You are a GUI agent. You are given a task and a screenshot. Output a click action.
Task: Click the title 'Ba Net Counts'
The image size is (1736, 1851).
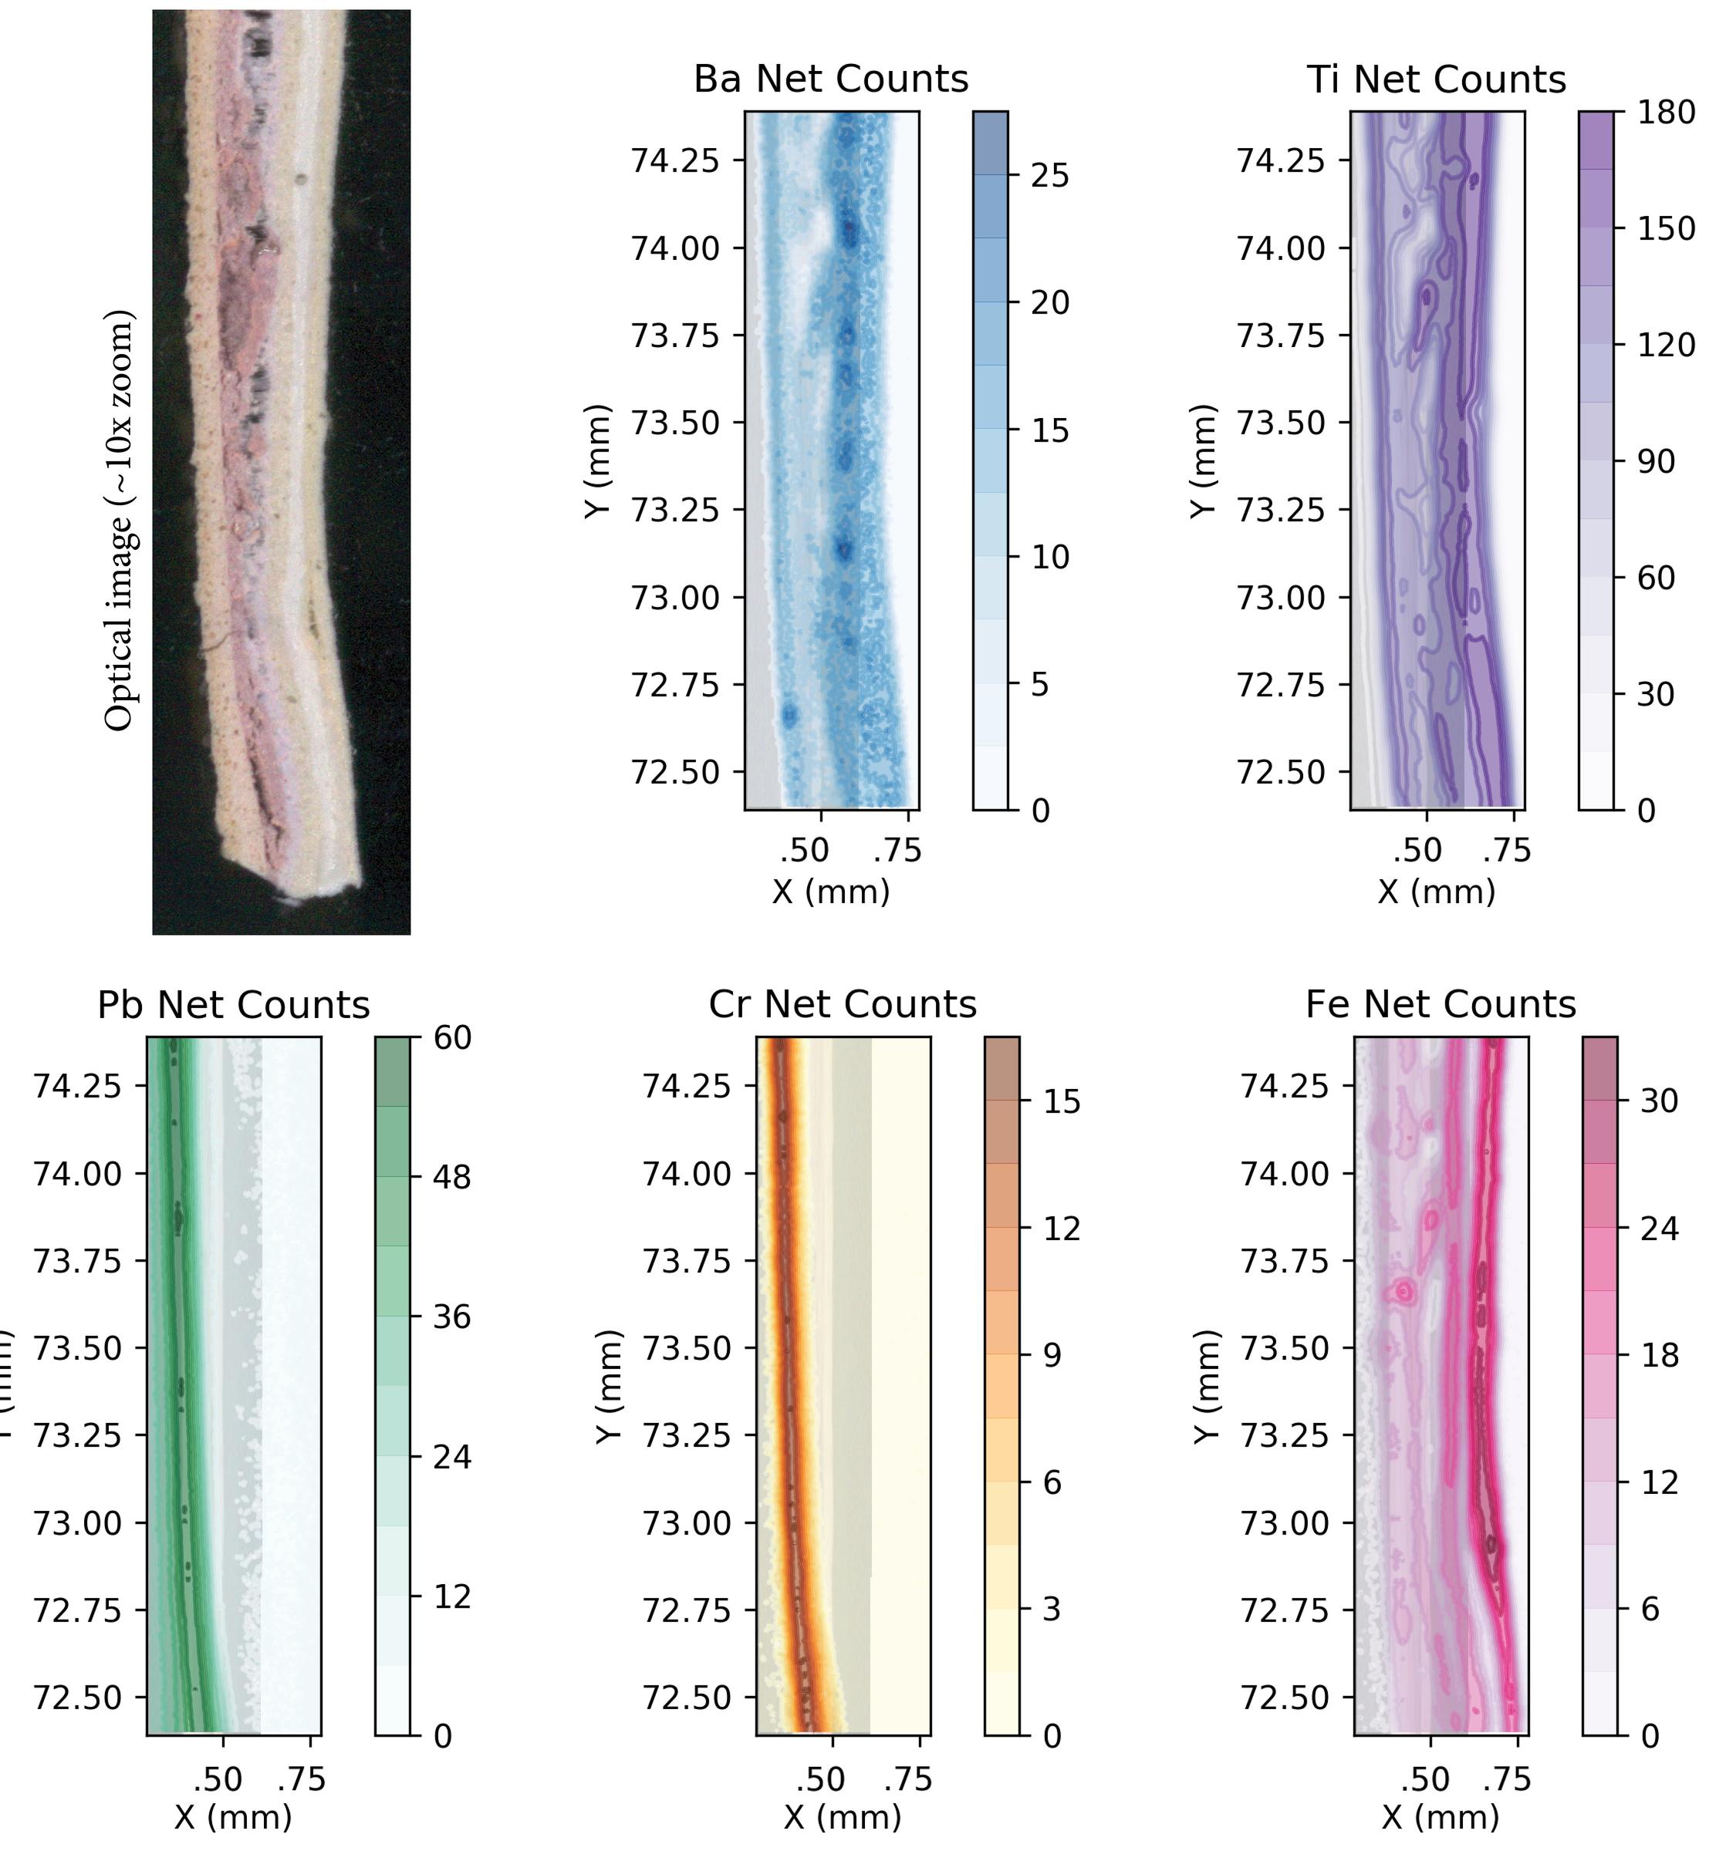click(x=831, y=79)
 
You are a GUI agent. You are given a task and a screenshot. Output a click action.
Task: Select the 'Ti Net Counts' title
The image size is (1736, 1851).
click(x=1436, y=79)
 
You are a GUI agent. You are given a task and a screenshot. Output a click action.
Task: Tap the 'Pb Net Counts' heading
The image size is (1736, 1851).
click(x=234, y=1006)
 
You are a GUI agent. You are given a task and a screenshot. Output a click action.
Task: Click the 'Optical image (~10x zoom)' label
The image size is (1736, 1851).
click(x=120, y=521)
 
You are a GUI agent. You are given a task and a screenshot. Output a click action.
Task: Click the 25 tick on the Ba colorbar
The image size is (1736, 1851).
click(x=1049, y=176)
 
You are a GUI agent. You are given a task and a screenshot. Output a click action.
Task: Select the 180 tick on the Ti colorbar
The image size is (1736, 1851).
click(x=1666, y=113)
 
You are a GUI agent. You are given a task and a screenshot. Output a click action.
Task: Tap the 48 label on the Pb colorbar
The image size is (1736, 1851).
click(x=451, y=1177)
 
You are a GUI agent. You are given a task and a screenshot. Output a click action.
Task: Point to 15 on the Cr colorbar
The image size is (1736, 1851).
click(x=1061, y=1102)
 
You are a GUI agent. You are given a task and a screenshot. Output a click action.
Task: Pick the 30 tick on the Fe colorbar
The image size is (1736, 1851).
click(x=1659, y=1101)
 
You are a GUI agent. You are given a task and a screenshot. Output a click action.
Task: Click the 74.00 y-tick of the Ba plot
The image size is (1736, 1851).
click(x=675, y=248)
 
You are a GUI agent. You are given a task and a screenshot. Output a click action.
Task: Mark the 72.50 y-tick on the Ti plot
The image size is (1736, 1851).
click(x=1280, y=773)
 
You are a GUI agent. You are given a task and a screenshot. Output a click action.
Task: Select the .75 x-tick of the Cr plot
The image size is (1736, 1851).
click(x=908, y=1779)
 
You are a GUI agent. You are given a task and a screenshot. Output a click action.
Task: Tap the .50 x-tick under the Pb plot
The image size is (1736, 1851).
click(x=218, y=1779)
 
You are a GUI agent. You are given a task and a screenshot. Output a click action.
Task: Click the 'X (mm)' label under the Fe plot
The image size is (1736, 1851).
click(x=1440, y=1816)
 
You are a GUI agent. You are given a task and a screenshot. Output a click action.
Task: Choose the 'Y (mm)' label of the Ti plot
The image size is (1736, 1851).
click(x=1204, y=461)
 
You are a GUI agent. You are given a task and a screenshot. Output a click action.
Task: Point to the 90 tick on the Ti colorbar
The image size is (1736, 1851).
click(x=1655, y=462)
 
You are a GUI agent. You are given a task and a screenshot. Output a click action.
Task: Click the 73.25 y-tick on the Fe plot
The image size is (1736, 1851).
click(x=1283, y=1435)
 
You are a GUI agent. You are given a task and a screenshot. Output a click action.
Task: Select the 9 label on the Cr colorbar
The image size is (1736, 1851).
click(x=1052, y=1356)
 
